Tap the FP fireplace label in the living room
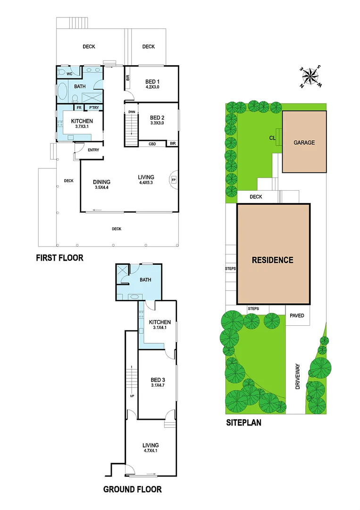click(174, 179)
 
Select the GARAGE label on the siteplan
click(304, 142)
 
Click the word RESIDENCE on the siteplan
click(272, 260)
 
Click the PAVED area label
click(297, 316)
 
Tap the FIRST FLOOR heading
click(60, 258)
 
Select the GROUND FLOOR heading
click(133, 489)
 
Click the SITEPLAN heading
click(243, 423)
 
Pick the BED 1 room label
click(152, 81)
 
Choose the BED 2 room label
click(157, 118)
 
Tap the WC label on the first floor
click(69, 74)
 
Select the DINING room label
click(102, 182)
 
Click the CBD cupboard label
click(152, 144)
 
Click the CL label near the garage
click(272, 138)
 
